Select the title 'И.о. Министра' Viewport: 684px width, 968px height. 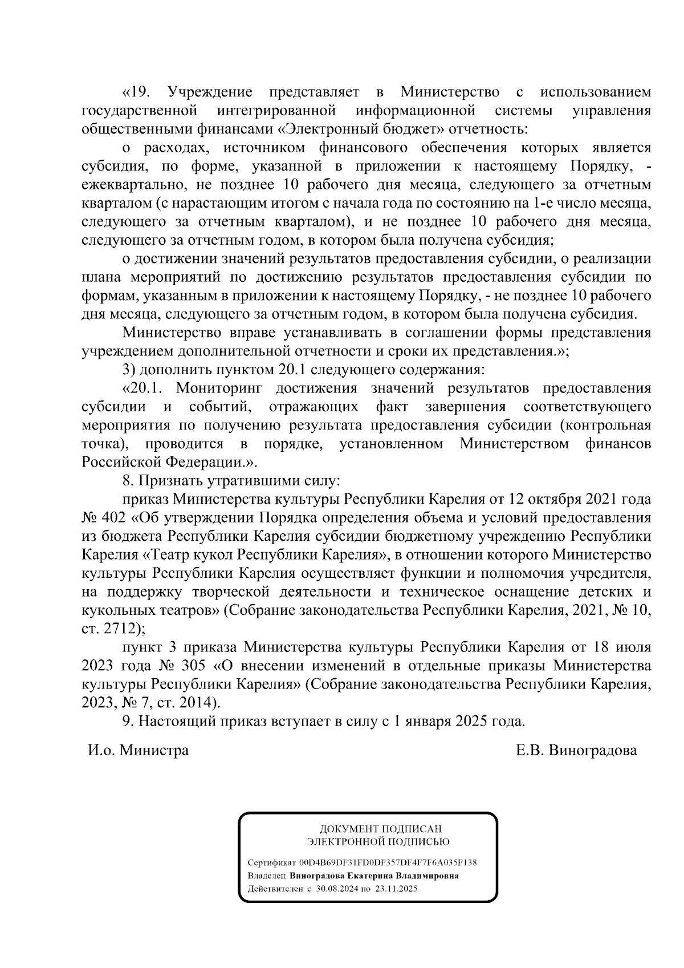(138, 750)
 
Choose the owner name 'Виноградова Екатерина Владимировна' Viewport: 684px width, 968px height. (374, 876)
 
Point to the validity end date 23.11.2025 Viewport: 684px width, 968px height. (397, 889)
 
